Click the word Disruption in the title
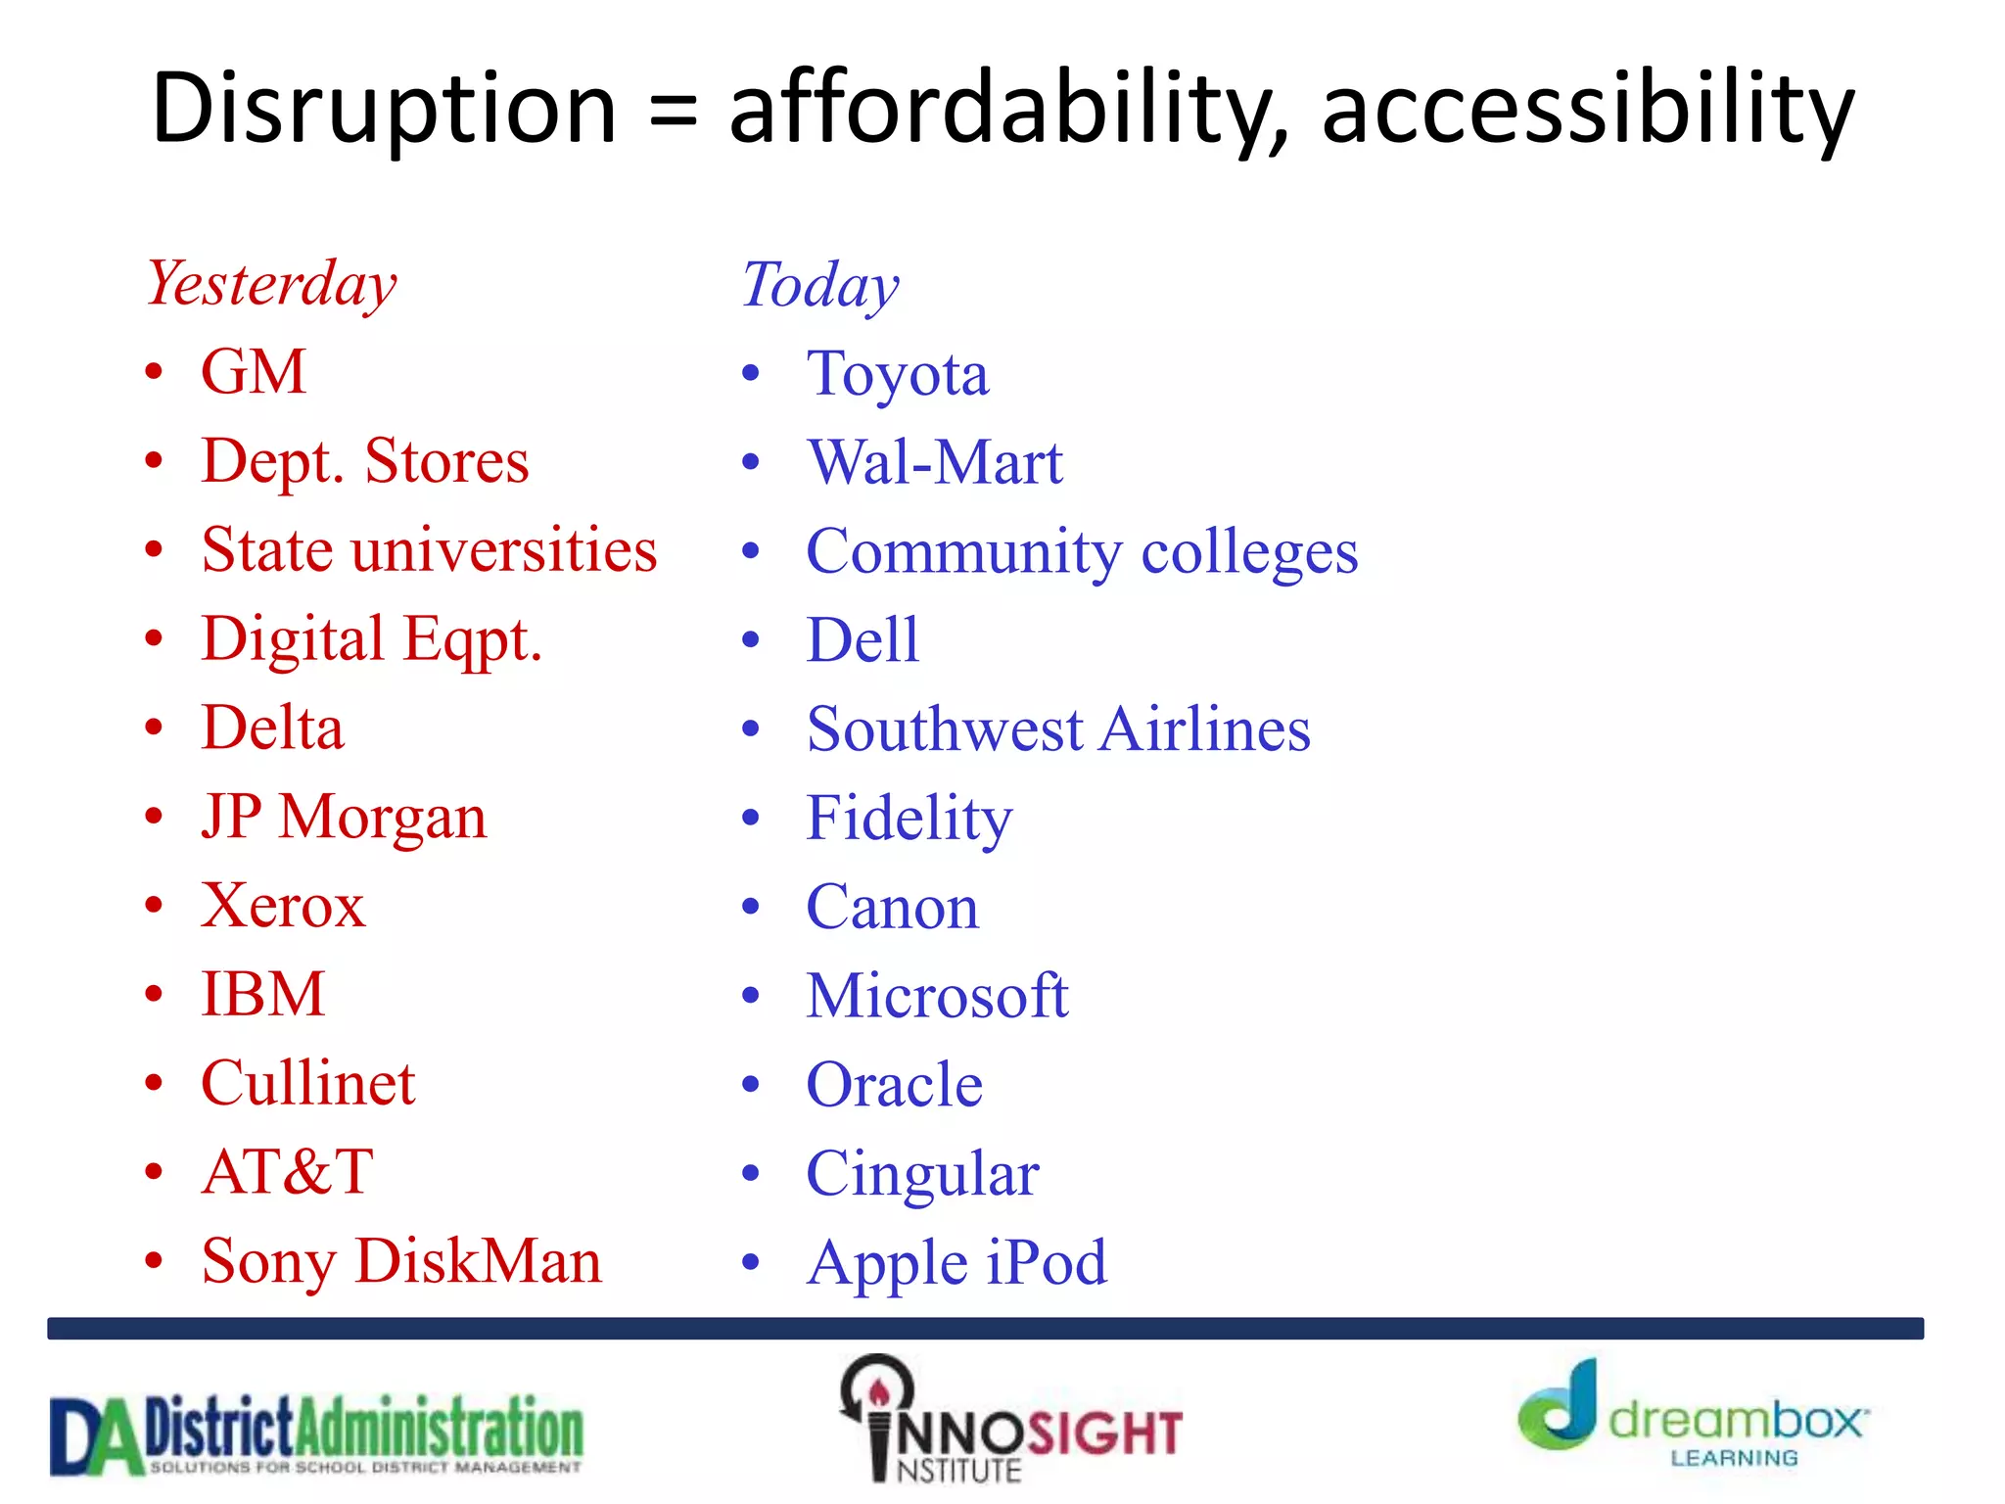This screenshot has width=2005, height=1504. pyautogui.click(x=384, y=110)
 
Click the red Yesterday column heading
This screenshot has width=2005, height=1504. pyautogui.click(x=271, y=284)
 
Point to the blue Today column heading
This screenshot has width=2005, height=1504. pyautogui.click(x=819, y=285)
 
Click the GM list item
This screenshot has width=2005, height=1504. pyautogui.click(x=254, y=372)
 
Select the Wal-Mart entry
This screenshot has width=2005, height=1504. pyautogui.click(x=934, y=462)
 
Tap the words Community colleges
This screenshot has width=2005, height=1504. pyautogui.click(x=1082, y=552)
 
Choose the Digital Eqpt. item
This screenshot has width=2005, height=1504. pyautogui.click(x=371, y=640)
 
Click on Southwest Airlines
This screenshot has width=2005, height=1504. pyautogui.click(x=1058, y=729)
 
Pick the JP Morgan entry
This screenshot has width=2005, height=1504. pyautogui.click(x=344, y=817)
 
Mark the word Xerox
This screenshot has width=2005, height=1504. pyautogui.click(x=283, y=906)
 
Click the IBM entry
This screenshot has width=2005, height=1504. pyautogui.click(x=262, y=995)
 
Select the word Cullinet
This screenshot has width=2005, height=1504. pyautogui.click(x=308, y=1084)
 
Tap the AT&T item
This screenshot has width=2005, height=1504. pyautogui.click(x=287, y=1172)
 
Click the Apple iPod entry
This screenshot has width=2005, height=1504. pyautogui.click(x=956, y=1262)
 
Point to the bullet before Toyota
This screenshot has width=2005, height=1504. pyautogui.click(x=751, y=373)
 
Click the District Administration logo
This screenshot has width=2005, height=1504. pyautogui.click(x=316, y=1434)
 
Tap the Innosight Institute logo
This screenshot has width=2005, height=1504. pyautogui.click(x=1010, y=1421)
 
